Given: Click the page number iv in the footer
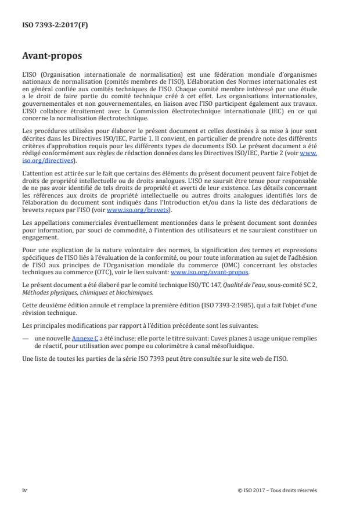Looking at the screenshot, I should (24, 490).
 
